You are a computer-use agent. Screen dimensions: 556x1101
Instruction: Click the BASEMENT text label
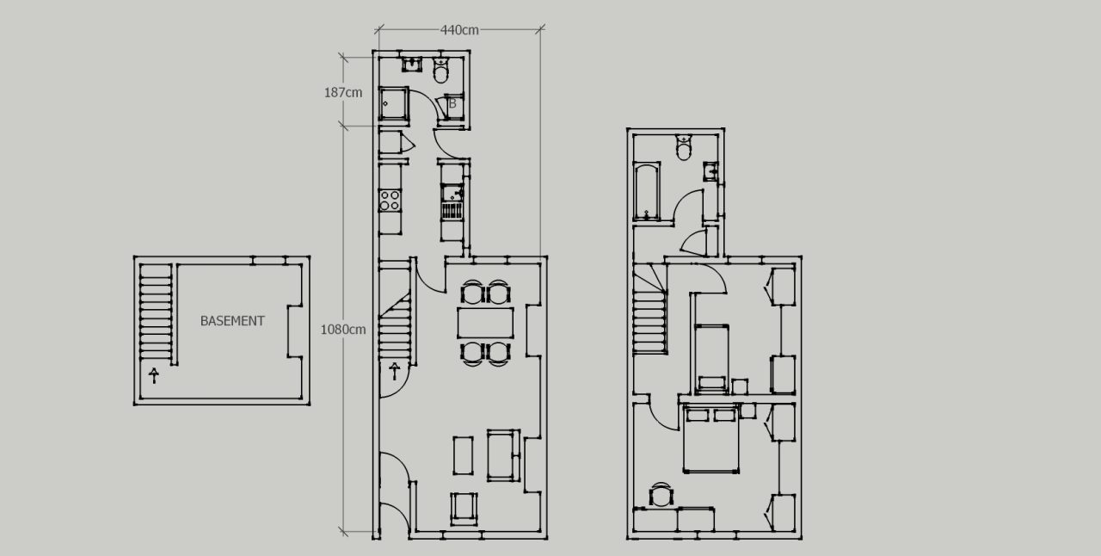click(x=232, y=321)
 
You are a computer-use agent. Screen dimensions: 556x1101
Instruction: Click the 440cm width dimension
click(x=459, y=30)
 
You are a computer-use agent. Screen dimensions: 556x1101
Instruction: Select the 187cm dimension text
click(x=342, y=92)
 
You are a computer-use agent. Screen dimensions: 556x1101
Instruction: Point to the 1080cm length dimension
click(x=343, y=329)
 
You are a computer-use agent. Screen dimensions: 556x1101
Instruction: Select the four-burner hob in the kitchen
click(x=391, y=201)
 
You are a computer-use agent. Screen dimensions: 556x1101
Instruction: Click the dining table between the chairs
click(x=485, y=323)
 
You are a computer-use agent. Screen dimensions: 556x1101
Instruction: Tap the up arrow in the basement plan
click(x=154, y=375)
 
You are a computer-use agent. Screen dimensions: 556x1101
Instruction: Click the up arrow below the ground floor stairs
click(x=395, y=371)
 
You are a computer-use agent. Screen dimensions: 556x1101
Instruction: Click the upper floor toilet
click(x=685, y=148)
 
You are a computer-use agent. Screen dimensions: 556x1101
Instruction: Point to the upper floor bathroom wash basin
click(x=710, y=170)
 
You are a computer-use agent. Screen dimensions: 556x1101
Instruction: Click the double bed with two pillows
click(x=711, y=439)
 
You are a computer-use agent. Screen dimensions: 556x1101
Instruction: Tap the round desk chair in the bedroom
click(x=661, y=495)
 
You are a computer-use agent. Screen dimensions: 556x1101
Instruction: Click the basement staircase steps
click(x=156, y=314)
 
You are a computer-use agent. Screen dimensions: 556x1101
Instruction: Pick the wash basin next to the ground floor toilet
click(x=413, y=65)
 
